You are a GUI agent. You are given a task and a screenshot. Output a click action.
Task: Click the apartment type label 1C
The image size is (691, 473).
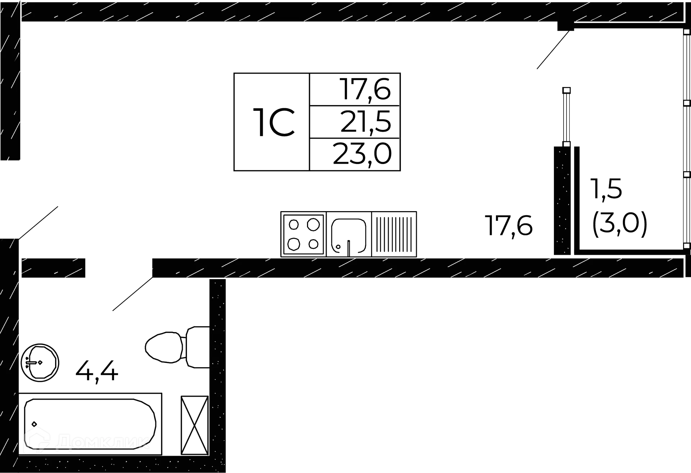point(274,122)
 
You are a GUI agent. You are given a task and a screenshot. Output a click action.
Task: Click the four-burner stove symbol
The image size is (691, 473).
point(304,234)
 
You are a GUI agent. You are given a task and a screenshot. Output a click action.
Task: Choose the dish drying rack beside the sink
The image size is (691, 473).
point(394,234)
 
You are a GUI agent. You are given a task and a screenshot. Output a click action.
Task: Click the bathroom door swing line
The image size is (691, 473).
point(132,294)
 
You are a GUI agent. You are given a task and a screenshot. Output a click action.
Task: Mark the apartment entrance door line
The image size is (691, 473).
point(40,221)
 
